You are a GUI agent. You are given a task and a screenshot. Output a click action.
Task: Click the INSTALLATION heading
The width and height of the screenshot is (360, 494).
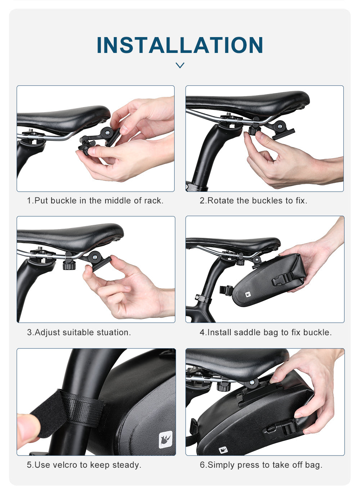[x=180, y=45]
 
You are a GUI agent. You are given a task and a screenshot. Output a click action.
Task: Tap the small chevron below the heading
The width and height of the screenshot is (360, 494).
[x=180, y=65]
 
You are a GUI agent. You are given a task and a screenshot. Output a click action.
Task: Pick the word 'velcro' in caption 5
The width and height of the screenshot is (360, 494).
[x=66, y=465]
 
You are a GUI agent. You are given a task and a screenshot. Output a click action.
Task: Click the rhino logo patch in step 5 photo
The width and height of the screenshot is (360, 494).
[x=165, y=440]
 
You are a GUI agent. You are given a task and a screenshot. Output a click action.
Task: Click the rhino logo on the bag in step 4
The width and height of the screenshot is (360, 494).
[x=248, y=295]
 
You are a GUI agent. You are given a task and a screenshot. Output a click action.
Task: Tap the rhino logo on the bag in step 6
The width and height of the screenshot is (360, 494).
[x=223, y=450]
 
